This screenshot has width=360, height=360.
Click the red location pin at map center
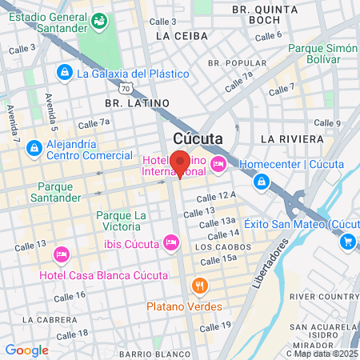[x=180, y=162]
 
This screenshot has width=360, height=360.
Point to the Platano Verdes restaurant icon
[x=200, y=286]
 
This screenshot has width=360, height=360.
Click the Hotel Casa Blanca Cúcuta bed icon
[x=61, y=255]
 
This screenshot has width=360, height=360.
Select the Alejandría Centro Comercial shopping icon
[x=34, y=148]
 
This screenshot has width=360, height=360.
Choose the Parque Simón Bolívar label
[x=321, y=54]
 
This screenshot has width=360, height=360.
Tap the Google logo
[x=26, y=350]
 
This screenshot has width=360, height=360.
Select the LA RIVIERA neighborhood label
[x=297, y=139]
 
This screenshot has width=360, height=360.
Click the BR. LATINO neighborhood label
[x=138, y=102]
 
